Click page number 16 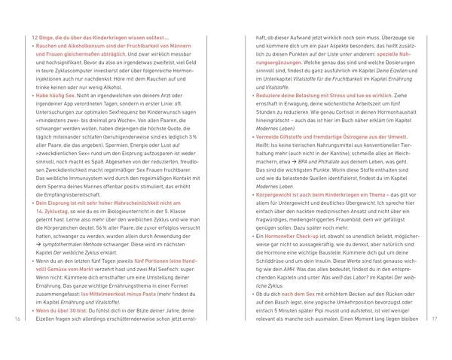coord(17,319)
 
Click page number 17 coord(435,319)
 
